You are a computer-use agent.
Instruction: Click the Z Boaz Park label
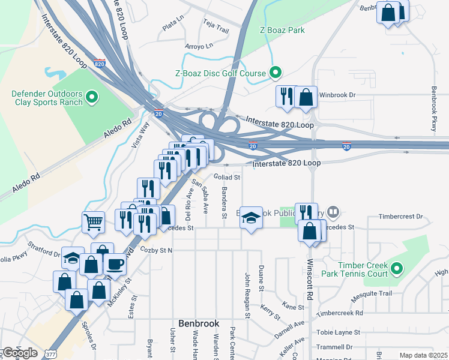[282, 30]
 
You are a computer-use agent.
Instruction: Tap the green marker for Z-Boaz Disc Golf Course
[276, 73]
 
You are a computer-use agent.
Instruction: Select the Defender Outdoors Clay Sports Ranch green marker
[92, 97]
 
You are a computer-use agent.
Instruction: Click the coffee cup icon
[115, 263]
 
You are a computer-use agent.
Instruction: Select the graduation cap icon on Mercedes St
[252, 219]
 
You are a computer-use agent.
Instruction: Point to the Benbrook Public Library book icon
[334, 212]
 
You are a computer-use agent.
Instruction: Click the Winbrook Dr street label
[338, 95]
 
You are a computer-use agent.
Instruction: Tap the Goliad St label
[228, 178]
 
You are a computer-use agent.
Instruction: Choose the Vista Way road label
[140, 135]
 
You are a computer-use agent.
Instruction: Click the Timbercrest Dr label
[403, 217]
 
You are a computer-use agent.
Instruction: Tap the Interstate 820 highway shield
[100, 63]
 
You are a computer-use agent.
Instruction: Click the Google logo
[19, 353]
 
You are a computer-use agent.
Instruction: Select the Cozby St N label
[156, 250]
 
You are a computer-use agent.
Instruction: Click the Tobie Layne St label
[339, 332]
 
